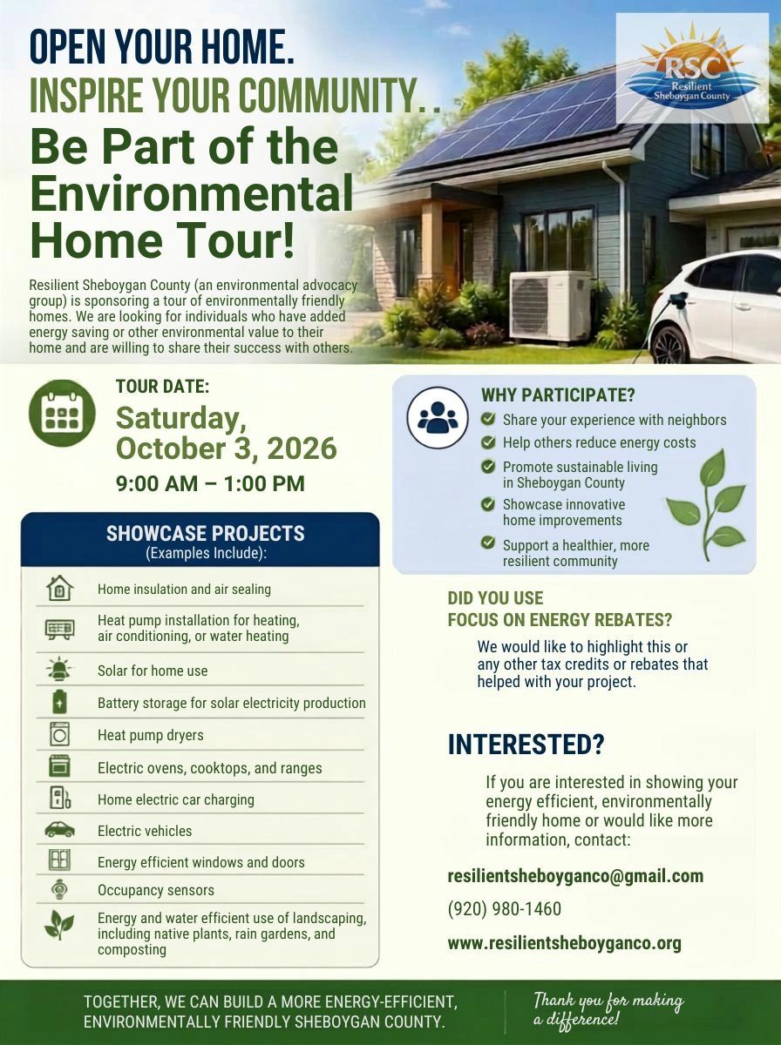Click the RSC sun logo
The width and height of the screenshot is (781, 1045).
point(692,68)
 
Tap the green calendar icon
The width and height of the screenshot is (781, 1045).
point(62,413)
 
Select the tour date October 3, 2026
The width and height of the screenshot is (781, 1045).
point(227,448)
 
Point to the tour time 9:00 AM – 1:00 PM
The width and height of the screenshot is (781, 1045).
point(210,483)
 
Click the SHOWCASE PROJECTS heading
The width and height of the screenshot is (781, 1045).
point(206,533)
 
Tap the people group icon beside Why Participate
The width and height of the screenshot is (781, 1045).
point(438,417)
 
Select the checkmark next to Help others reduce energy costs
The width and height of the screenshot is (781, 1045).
point(488,442)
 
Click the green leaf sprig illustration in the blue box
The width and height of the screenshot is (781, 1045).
point(706,504)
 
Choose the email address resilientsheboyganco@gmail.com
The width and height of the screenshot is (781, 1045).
point(575,876)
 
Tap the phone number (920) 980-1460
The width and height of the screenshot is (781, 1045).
point(505,909)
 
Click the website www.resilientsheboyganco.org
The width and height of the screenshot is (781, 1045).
point(565,943)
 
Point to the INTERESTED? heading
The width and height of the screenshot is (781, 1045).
point(526,745)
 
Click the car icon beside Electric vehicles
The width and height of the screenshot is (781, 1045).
point(59,830)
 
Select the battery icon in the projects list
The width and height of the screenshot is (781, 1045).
point(59,702)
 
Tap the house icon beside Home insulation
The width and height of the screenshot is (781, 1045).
point(59,589)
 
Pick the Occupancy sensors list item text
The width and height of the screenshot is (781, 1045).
point(156,890)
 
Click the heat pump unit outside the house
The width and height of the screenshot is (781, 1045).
point(550,306)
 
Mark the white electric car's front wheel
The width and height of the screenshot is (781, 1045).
point(671,342)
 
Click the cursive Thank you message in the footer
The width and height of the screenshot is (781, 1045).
point(608,1008)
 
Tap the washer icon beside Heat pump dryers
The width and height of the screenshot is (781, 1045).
point(59,735)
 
